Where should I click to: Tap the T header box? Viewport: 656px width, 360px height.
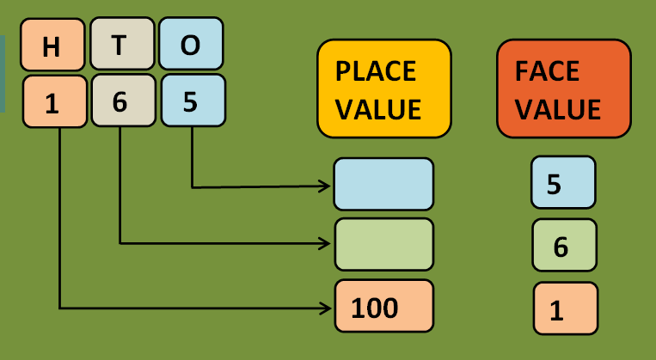[119, 46]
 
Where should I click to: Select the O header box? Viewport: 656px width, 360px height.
[190, 45]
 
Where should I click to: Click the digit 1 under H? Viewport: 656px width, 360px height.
[52, 102]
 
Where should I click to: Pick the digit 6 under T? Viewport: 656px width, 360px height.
[119, 102]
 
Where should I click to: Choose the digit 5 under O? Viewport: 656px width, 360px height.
[191, 101]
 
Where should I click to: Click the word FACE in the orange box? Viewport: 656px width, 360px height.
[549, 70]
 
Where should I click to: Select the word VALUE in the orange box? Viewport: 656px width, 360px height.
[558, 110]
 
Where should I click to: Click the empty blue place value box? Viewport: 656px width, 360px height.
[383, 184]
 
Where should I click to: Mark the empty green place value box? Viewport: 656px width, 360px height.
[383, 245]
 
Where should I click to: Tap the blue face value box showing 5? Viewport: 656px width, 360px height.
[563, 182]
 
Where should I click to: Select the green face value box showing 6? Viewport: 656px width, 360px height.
[563, 245]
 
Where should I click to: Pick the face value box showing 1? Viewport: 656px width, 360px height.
[565, 308]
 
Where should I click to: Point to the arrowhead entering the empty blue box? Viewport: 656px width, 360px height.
[326, 186]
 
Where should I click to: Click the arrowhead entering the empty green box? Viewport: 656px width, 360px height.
[326, 243]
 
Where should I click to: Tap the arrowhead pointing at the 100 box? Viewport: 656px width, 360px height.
[326, 307]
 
